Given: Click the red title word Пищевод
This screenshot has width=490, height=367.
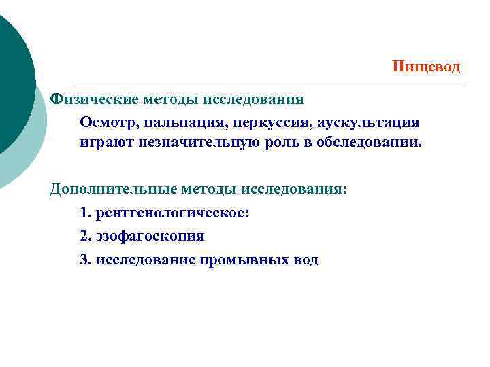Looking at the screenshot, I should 426,67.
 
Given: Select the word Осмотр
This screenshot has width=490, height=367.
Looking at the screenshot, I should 108,122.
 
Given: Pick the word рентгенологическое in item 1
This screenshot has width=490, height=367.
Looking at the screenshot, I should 173,213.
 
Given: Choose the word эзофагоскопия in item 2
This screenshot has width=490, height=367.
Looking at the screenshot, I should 150,236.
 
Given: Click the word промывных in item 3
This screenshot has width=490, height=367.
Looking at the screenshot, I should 246,259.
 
